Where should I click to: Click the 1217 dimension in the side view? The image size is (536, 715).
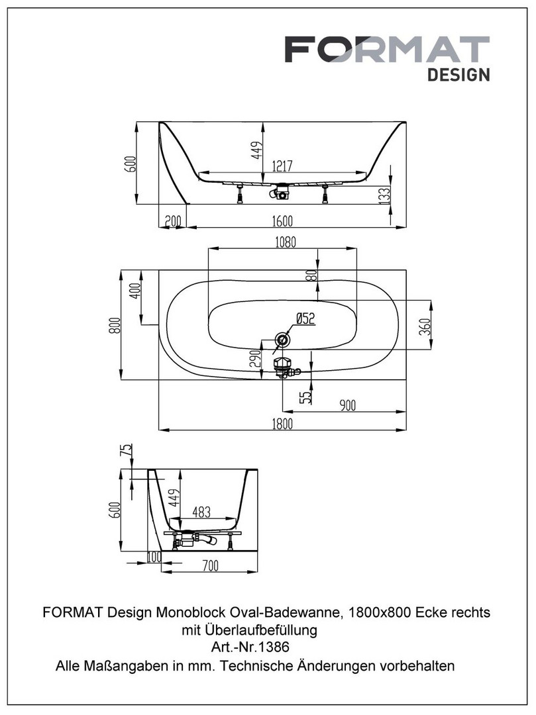281,167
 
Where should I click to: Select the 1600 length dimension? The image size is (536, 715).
281,221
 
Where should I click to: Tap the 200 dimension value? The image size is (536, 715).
173,221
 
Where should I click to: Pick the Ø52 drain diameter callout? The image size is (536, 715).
304,319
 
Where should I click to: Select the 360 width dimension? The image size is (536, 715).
425,327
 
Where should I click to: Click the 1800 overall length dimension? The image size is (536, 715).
282,424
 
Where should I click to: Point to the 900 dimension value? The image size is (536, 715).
348,406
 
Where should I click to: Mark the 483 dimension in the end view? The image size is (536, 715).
201,512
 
